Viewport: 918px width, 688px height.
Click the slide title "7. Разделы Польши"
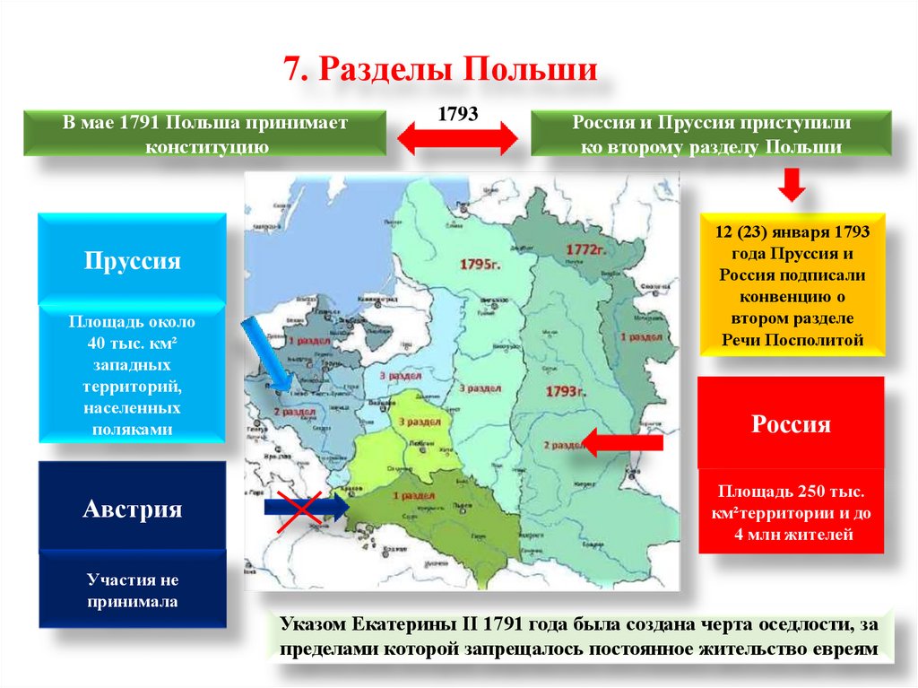click(440, 69)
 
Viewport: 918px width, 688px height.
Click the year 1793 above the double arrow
click(458, 116)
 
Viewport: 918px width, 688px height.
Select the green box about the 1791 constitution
click(204, 134)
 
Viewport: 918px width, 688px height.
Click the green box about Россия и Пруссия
click(711, 134)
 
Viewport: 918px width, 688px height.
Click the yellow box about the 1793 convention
click(792, 285)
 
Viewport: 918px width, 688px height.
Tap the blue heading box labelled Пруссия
click(132, 261)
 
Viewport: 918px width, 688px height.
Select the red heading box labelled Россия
click(791, 423)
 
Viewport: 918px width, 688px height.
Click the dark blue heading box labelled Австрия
click(132, 509)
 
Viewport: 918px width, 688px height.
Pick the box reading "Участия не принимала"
click(132, 590)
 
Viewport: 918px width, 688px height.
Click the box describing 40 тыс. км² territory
click(132, 375)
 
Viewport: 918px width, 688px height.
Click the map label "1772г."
click(587, 248)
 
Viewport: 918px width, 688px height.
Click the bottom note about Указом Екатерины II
click(580, 636)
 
